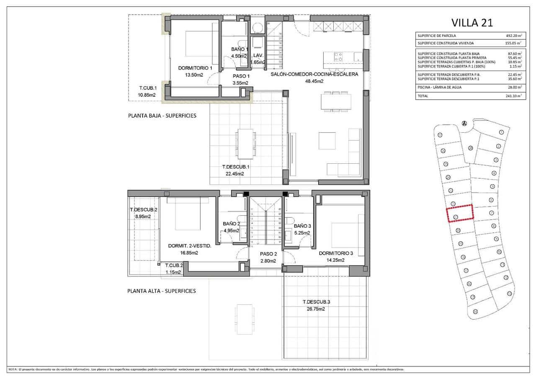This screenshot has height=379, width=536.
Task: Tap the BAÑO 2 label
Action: pyautogui.click(x=231, y=224)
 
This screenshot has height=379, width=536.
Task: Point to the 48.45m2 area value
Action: pyautogui.click(x=314, y=81)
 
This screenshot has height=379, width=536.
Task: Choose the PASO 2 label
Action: pyautogui.click(x=268, y=254)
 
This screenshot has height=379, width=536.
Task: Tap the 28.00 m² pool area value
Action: pyautogui.click(x=514, y=87)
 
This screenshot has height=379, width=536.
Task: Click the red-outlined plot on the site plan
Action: pyautogui.click(x=459, y=213)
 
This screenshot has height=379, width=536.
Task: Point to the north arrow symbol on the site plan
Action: pyautogui.click(x=464, y=123)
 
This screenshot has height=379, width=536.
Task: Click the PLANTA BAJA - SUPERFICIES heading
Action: pyautogui.click(x=162, y=116)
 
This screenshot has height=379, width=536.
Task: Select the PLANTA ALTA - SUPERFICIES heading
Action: pyautogui.click(x=162, y=291)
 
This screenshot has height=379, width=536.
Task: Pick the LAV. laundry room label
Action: pyautogui.click(x=258, y=55)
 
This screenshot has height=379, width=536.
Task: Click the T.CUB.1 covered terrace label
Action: pyautogui.click(x=148, y=88)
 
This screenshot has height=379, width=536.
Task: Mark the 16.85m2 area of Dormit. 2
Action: pyautogui.click(x=189, y=253)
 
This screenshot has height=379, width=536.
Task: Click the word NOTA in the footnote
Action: pyautogui.click(x=13, y=369)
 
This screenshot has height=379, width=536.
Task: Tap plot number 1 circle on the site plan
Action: pyautogui.click(x=501, y=132)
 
